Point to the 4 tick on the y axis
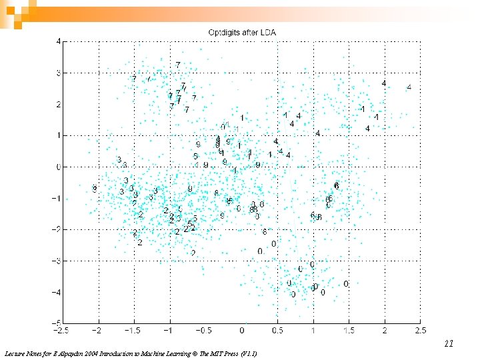pos(58,41)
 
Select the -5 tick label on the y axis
pos(56,323)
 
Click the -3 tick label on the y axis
pos(56,261)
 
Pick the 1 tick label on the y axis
pos(58,135)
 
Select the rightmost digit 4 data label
pos(409,87)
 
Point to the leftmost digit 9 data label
pos(95,189)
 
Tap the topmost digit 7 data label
pos(178,65)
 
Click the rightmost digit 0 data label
pos(346,284)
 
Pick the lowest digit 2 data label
pos(193,253)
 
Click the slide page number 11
pos(449,344)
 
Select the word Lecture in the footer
pos(15,353)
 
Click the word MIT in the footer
pos(209,353)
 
